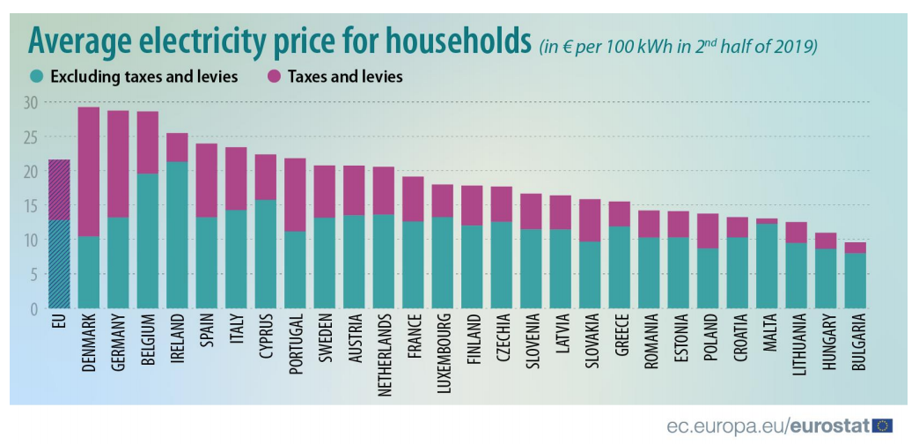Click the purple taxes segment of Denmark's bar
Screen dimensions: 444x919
point(89,172)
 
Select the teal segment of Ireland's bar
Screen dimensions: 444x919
point(177,234)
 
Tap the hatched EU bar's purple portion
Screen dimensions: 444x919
point(59,189)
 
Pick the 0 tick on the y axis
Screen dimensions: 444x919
point(34,308)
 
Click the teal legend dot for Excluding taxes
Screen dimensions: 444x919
point(37,77)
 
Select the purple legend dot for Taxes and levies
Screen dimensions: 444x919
point(273,77)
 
